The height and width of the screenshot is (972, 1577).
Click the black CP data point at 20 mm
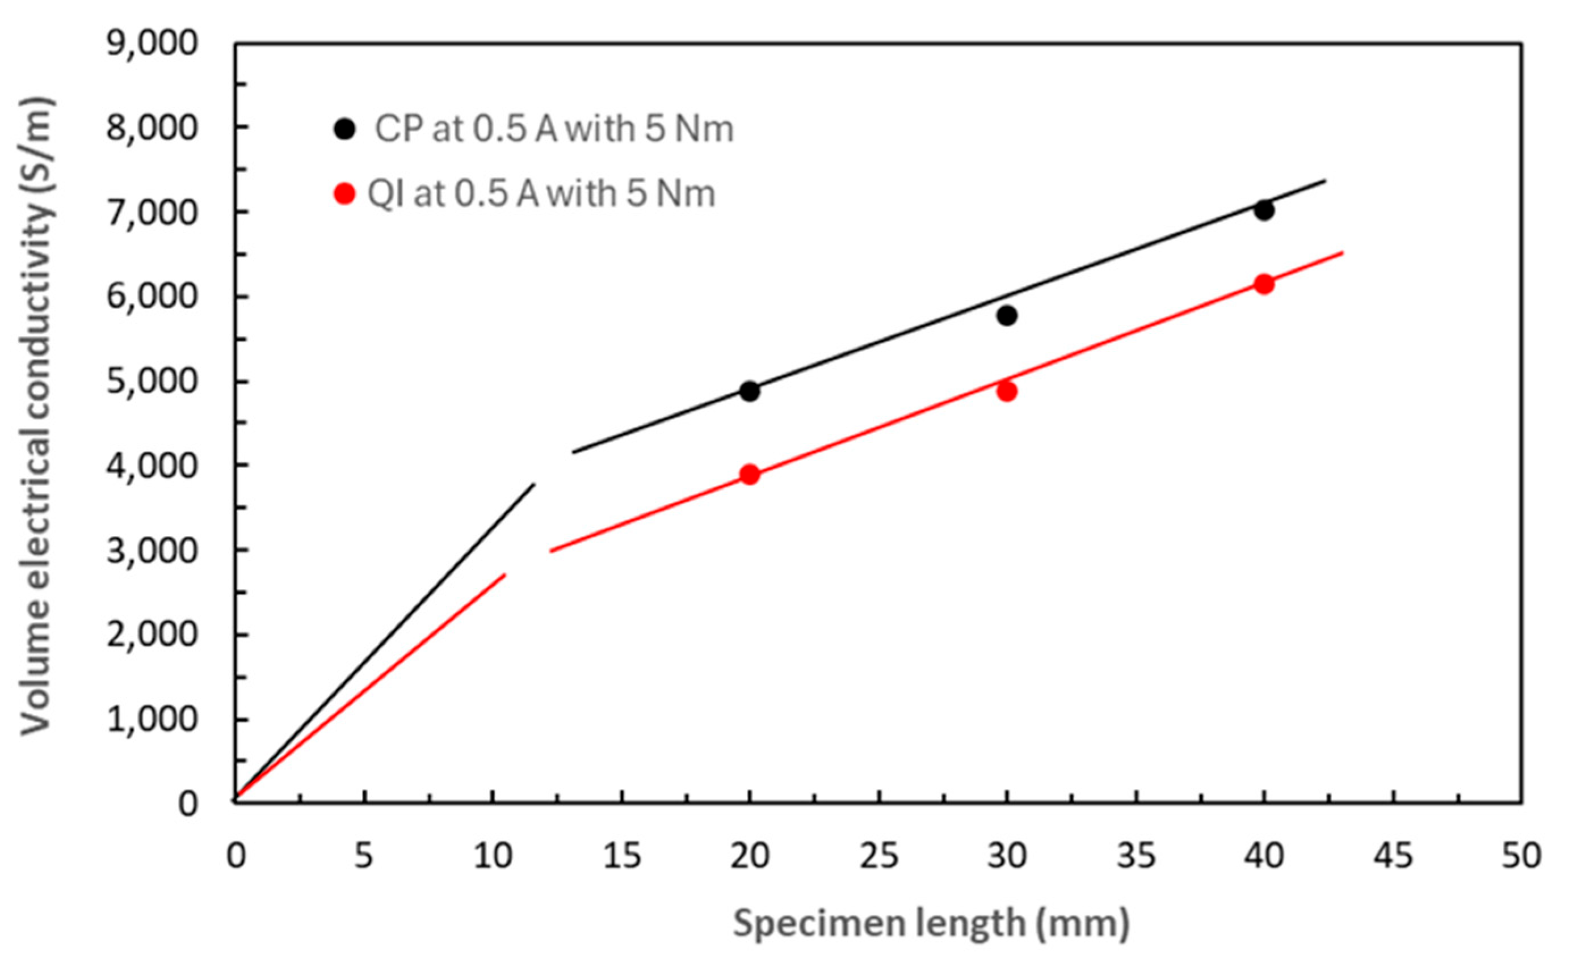pos(749,391)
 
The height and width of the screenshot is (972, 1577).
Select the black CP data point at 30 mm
pos(1007,316)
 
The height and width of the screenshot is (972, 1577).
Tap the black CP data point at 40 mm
pos(1264,210)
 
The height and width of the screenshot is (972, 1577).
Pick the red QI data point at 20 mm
pos(749,475)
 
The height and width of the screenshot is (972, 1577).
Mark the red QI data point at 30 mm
pos(1007,391)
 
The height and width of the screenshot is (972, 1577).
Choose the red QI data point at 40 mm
pos(1264,284)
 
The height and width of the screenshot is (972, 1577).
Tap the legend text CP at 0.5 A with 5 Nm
pos(553,129)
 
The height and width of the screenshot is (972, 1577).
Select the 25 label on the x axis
pos(879,856)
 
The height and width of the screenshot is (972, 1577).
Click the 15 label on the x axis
pos(622,856)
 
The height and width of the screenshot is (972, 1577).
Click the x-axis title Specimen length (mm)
pos(931,924)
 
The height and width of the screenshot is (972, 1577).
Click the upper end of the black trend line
pos(1325,181)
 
